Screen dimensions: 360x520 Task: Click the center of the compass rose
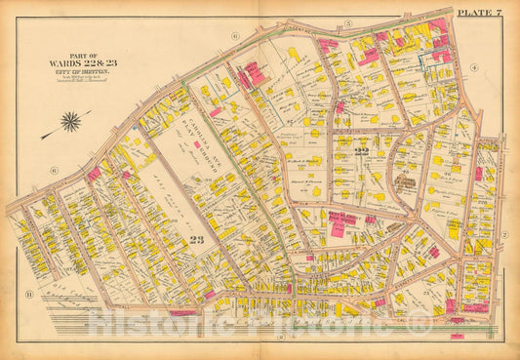pyautogui.click(x=71, y=122)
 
